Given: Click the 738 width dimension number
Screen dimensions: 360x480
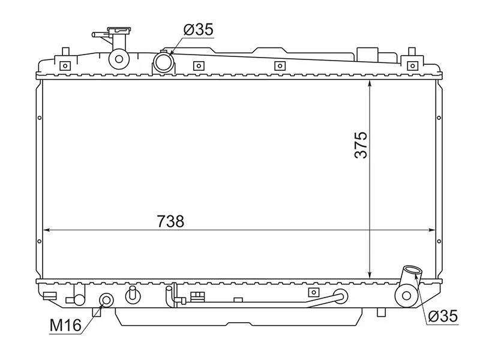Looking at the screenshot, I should point(170,221).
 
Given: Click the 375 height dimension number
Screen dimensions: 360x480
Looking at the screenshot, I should point(360,145).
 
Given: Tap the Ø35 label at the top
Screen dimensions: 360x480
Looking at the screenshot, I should point(198,30).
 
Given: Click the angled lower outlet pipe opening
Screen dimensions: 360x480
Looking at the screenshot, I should point(412,271).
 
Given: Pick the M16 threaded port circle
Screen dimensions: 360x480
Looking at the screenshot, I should point(106,300).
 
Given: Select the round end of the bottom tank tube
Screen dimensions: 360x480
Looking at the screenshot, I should point(340,295).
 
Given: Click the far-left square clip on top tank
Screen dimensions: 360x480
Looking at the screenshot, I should point(65,65).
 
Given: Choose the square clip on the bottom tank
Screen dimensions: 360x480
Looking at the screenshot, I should point(312,292).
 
